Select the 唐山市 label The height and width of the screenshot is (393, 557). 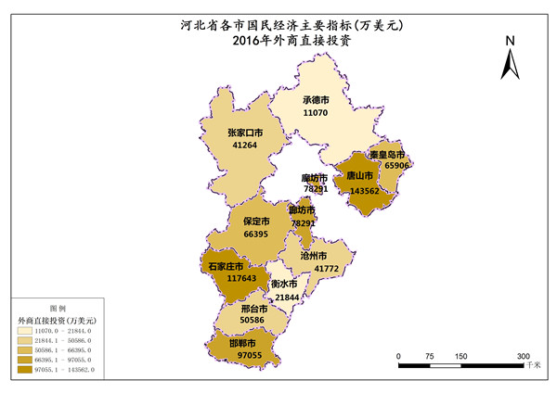pyautogui.click(x=359, y=175)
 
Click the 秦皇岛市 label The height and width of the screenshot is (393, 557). pyautogui.click(x=388, y=153)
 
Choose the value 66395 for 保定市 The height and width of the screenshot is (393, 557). pyautogui.click(x=256, y=235)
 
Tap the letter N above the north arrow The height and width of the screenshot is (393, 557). pyautogui.click(x=510, y=42)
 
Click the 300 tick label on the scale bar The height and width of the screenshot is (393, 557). pyautogui.click(x=523, y=356)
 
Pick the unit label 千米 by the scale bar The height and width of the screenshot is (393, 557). pyautogui.click(x=532, y=366)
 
